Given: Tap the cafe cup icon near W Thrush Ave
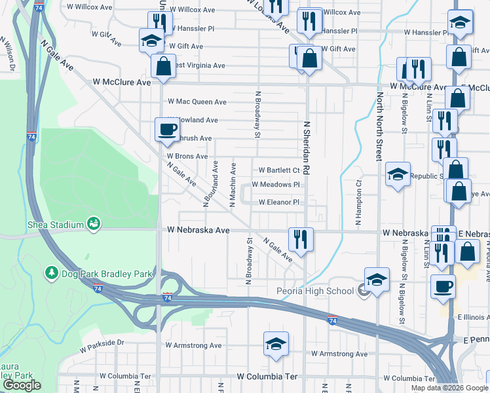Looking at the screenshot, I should pyautogui.click(x=166, y=128).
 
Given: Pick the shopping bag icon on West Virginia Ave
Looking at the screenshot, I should pyautogui.click(x=162, y=65).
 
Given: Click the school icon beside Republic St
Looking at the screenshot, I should pyautogui.click(x=398, y=174).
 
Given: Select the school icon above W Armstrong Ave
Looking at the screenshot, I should pyautogui.click(x=276, y=344).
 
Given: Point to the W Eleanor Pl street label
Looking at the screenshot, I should pyautogui.click(x=279, y=202).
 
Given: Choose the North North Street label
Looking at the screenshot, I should pyautogui.click(x=379, y=126).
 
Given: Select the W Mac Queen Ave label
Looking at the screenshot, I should pyautogui.click(x=197, y=102).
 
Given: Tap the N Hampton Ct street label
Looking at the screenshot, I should pyautogui.click(x=358, y=203).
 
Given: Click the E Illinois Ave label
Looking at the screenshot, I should pyautogui.click(x=470, y=317).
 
